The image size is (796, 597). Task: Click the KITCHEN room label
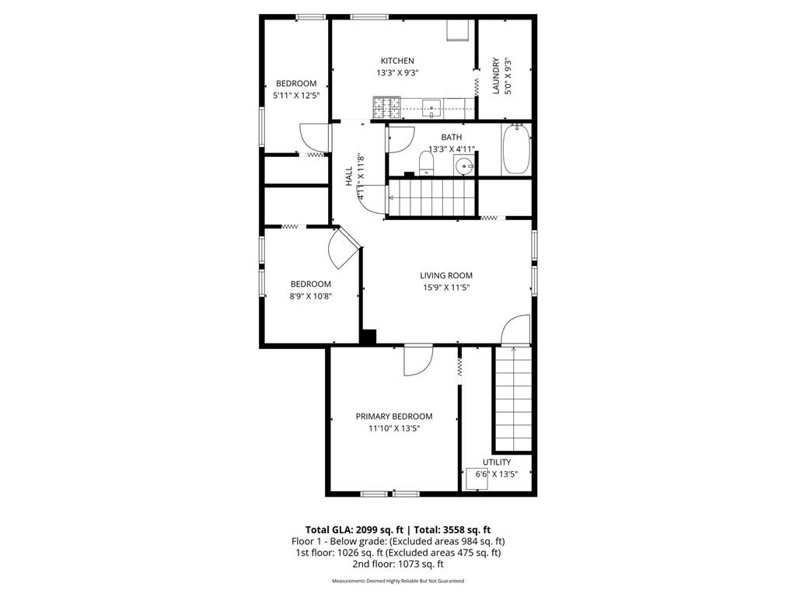[x=396, y=61]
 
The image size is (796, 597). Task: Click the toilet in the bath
[x=426, y=162]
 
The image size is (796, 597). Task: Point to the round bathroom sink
[x=465, y=166]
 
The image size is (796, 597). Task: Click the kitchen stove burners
[x=386, y=107]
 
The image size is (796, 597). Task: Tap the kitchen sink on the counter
[x=431, y=107]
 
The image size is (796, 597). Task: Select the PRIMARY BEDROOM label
[x=394, y=416]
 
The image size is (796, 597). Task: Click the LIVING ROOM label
[x=446, y=275]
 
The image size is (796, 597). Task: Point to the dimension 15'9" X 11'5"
[x=446, y=288]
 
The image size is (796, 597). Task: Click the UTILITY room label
[x=497, y=462]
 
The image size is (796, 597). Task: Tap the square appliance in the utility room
[x=477, y=478]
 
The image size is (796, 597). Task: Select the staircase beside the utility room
[x=512, y=400]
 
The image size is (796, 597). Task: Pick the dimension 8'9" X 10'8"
[x=311, y=295]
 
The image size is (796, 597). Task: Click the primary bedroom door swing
[x=417, y=361]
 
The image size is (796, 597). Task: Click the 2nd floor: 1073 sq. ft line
[x=398, y=564]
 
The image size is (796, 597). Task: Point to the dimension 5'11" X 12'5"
[x=296, y=95]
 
